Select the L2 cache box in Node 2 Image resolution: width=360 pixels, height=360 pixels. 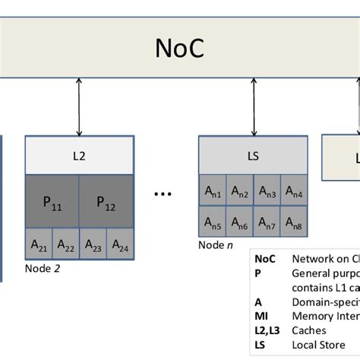[79, 156]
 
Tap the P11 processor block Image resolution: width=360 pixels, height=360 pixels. [52, 202]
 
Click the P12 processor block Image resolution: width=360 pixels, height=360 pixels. [106, 202]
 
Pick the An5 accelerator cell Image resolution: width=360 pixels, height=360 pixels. [213, 223]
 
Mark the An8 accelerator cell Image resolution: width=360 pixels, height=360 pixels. [293, 223]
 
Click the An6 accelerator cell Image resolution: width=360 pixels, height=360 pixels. [239, 223]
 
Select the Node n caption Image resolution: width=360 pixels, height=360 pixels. [216, 245]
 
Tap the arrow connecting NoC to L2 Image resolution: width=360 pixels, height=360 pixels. [79, 106]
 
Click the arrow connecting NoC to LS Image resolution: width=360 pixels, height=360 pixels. [253, 106]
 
